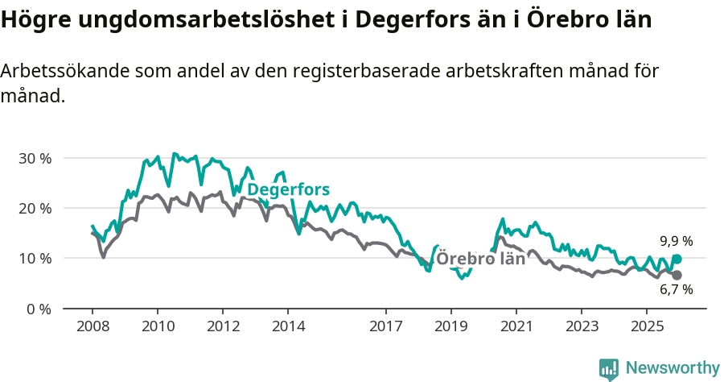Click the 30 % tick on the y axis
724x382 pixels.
tap(35, 158)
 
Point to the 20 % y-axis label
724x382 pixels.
tap(35, 208)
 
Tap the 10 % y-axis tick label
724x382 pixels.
tap(35, 259)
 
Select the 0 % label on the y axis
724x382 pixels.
tap(39, 309)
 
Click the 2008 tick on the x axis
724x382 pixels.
tap(92, 326)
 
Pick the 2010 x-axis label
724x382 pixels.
tap(157, 326)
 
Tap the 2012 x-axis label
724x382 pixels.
tap(223, 326)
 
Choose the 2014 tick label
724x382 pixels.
tap(288, 326)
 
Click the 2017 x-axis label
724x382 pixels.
tap(386, 326)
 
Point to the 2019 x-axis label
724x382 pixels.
tap(451, 326)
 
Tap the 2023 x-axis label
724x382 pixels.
tap(582, 326)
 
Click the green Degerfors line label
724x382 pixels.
tap(288, 190)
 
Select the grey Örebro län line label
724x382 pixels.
tap(480, 259)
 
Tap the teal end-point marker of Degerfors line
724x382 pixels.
tap(677, 259)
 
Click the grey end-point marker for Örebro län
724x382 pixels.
tap(677, 276)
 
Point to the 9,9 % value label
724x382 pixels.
tap(676, 241)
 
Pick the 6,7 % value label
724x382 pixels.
tap(676, 289)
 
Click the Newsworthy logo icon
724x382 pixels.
tap(609, 369)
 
